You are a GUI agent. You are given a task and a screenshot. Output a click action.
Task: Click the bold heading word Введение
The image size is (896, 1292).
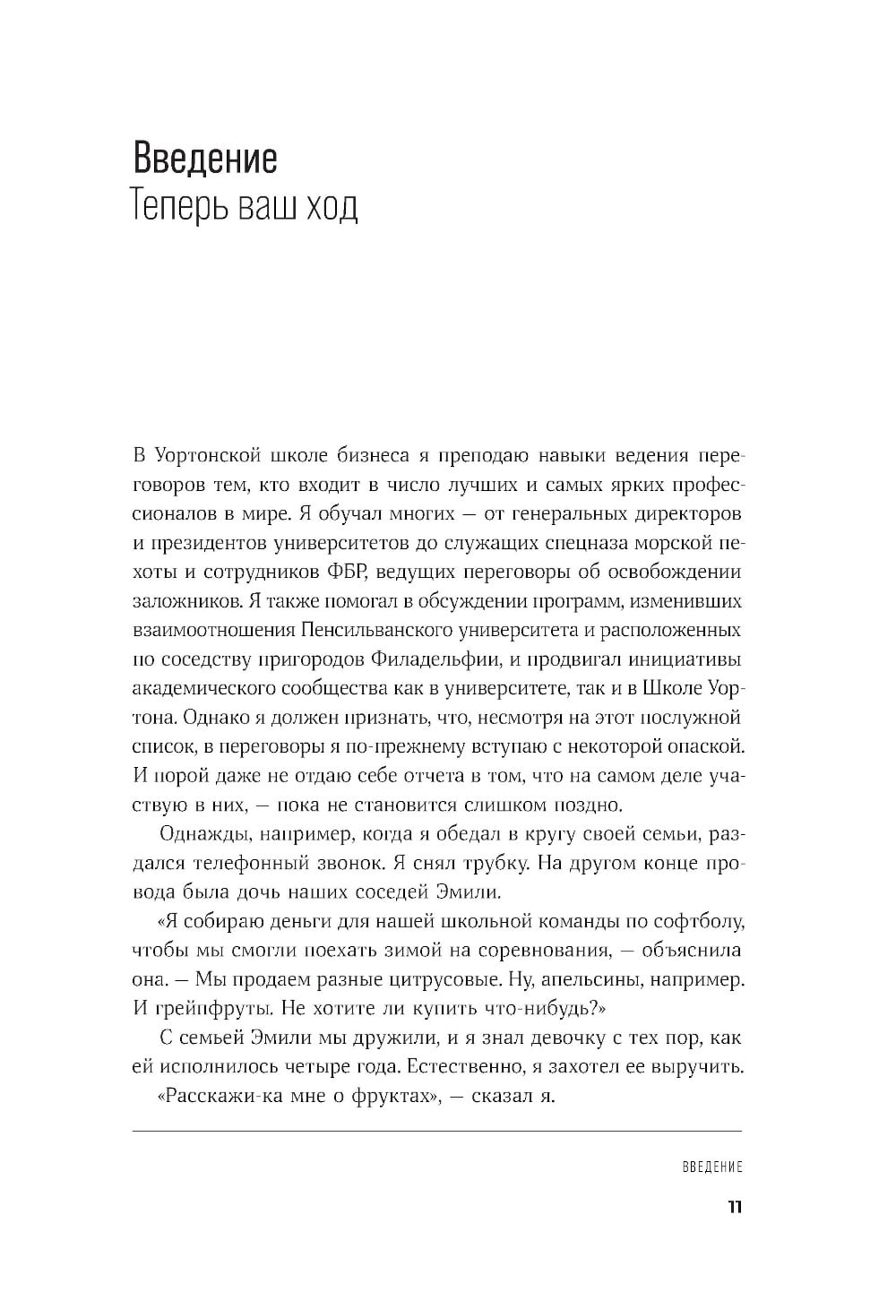pos(205,158)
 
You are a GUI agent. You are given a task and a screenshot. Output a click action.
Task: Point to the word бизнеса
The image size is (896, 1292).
pos(363,456)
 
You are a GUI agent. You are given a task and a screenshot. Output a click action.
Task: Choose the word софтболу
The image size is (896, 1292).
pos(699,921)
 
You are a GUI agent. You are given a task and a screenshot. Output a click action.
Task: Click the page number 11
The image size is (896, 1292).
pos(734,1207)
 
